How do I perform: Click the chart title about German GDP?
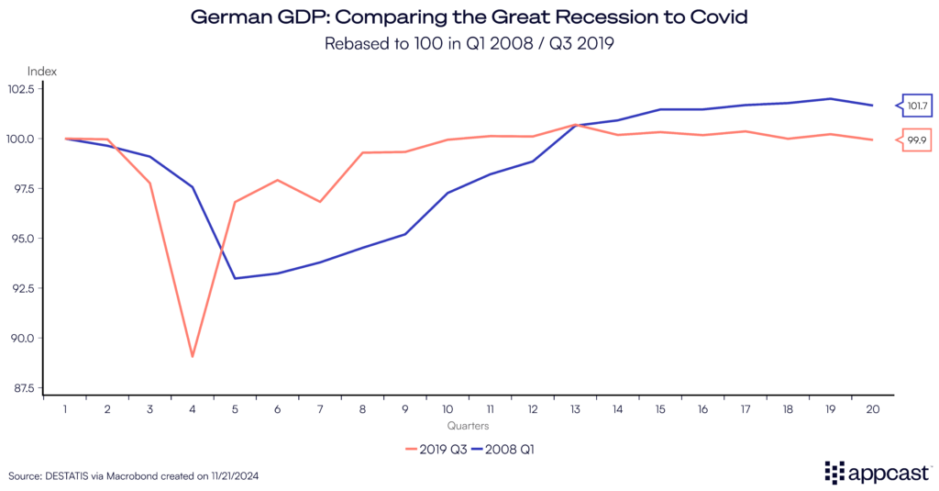pyautogui.click(x=469, y=17)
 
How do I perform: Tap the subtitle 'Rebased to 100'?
pyautogui.click(x=469, y=42)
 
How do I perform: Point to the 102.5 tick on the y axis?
pyautogui.click(x=44, y=89)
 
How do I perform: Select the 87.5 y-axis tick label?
pyautogui.click(x=44, y=388)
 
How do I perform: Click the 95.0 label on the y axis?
pyautogui.click(x=44, y=239)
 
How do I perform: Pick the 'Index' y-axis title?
pyautogui.click(x=42, y=71)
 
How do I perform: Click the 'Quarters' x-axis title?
pyautogui.click(x=468, y=426)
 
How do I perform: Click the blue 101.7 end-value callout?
pyautogui.click(x=916, y=106)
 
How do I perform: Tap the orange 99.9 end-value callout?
pyautogui.click(x=916, y=140)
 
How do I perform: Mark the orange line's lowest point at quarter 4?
pyautogui.click(x=193, y=356)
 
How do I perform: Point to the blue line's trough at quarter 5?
pyautogui.click(x=235, y=278)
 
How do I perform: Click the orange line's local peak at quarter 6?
pyautogui.click(x=277, y=180)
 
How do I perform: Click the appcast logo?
pyautogui.click(x=876, y=472)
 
